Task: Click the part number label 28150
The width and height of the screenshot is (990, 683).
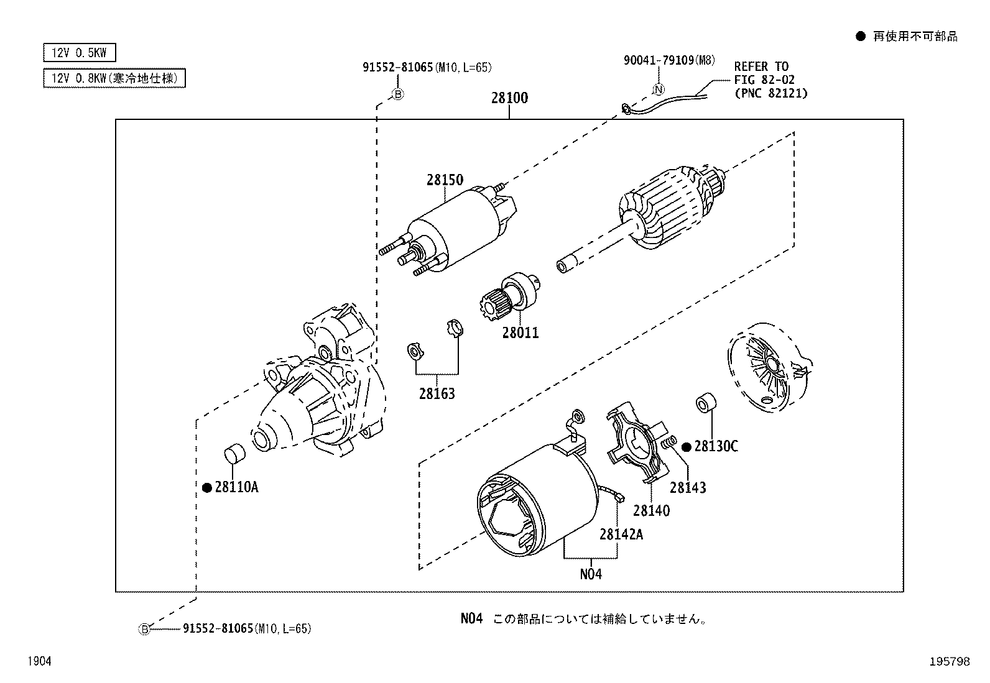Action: click(445, 180)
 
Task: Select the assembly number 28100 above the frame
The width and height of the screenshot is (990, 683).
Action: click(509, 98)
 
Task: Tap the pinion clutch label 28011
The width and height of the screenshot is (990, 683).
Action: click(520, 333)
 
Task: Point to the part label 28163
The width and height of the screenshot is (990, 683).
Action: click(437, 394)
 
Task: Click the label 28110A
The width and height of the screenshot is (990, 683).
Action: click(236, 487)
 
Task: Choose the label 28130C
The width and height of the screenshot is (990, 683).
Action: click(716, 446)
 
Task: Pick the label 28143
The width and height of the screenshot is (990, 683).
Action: click(688, 488)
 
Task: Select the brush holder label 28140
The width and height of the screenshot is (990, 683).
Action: click(651, 511)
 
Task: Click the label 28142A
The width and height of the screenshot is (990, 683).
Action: click(621, 534)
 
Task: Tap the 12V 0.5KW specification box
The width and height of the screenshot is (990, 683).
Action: click(80, 53)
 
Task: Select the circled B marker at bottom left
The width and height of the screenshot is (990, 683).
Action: click(144, 629)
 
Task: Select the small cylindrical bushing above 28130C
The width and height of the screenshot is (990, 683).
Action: click(704, 403)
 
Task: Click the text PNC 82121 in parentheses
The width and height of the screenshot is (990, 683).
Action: click(771, 93)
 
